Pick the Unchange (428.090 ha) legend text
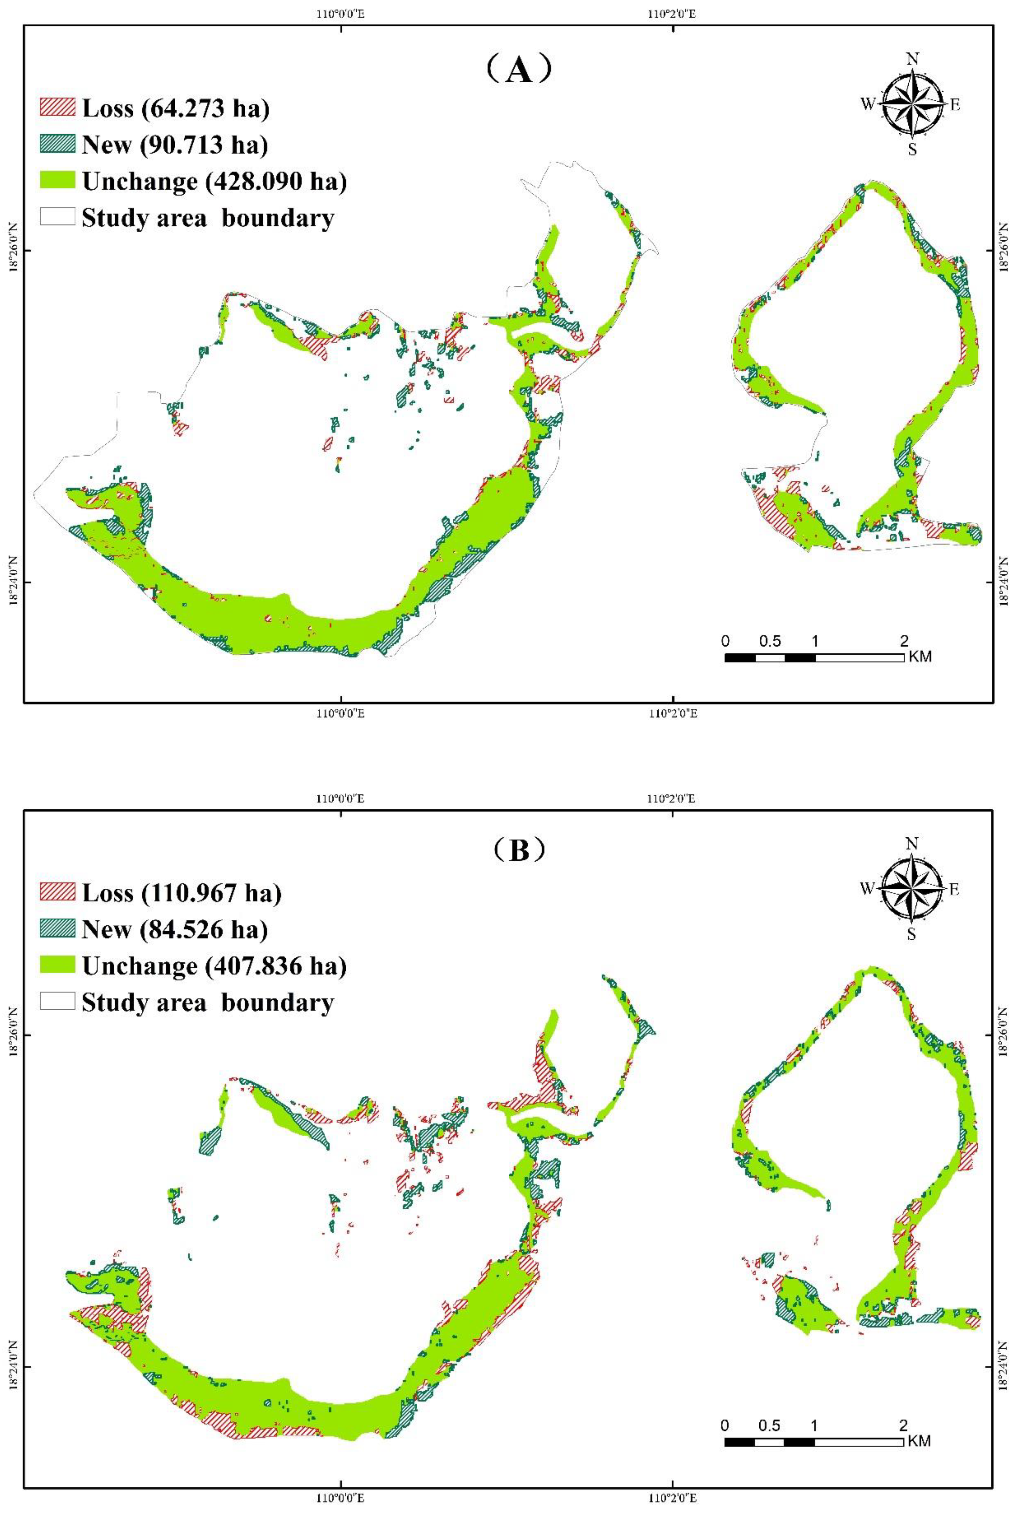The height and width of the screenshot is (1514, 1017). click(214, 182)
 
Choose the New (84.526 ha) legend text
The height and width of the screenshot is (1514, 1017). click(174, 929)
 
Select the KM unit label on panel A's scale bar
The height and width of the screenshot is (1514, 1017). click(920, 657)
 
